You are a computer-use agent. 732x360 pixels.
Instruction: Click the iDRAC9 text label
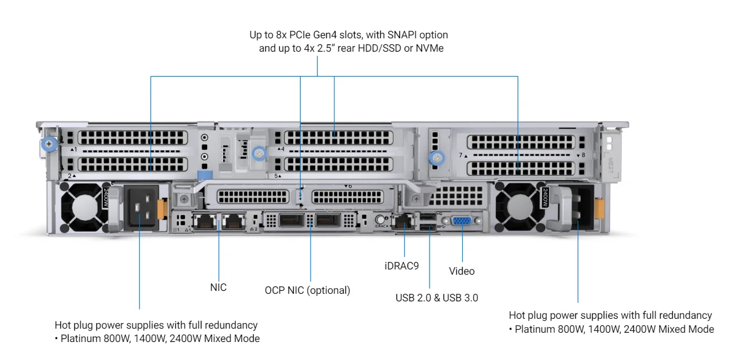(401, 265)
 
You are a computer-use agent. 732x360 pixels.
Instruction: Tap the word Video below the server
(461, 271)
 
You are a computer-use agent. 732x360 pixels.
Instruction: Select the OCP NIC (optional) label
(307, 290)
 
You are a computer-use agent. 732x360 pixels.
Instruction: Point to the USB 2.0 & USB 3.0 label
(437, 298)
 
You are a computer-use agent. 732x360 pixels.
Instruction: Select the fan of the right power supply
(520, 206)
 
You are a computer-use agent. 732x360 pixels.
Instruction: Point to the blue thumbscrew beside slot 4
(259, 153)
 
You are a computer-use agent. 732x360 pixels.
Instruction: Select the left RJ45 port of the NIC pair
(204, 221)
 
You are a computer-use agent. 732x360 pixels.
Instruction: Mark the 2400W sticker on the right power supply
(545, 198)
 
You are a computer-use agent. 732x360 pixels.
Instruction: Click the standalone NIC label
(218, 287)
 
